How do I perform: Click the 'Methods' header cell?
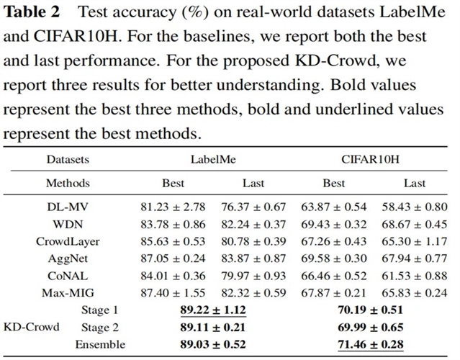68,183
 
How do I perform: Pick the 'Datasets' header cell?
68,158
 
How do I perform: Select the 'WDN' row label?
68,225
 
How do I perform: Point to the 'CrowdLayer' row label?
68,241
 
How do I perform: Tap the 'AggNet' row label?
68,258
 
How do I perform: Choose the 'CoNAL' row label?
68,276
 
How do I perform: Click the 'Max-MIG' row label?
68,293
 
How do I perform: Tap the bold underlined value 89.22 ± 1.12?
213,310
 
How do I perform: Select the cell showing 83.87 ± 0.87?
254,258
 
